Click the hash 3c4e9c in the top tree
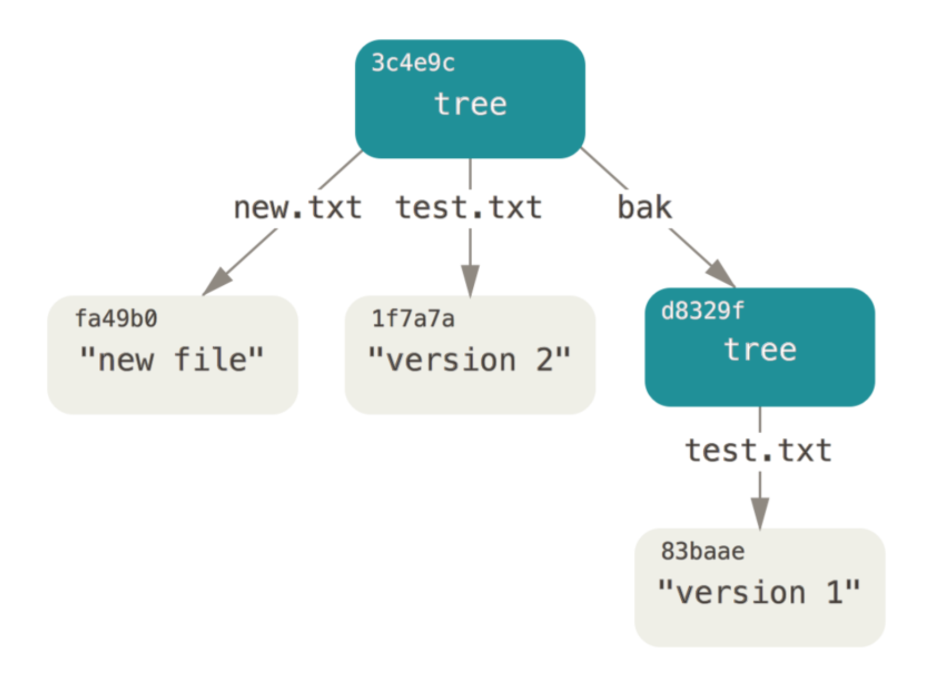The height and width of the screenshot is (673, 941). (x=413, y=63)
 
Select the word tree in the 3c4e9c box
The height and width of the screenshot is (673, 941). (x=470, y=104)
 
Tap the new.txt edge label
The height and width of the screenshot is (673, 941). (x=297, y=207)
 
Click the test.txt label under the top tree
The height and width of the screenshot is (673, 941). (x=469, y=207)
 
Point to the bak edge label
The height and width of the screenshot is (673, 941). (x=645, y=207)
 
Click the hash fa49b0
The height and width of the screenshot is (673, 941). (x=116, y=318)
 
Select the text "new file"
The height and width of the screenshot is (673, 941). (x=171, y=359)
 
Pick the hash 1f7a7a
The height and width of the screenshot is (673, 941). (x=413, y=318)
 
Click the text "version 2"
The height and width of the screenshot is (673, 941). (x=469, y=359)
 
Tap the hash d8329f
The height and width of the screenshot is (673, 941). (x=703, y=311)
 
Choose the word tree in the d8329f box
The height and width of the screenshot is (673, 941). (x=760, y=349)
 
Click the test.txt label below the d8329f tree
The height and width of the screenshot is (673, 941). (x=759, y=451)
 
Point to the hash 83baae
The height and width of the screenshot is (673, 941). (x=703, y=551)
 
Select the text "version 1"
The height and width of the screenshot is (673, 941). (x=759, y=592)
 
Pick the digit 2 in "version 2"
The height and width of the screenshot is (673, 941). (x=545, y=360)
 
